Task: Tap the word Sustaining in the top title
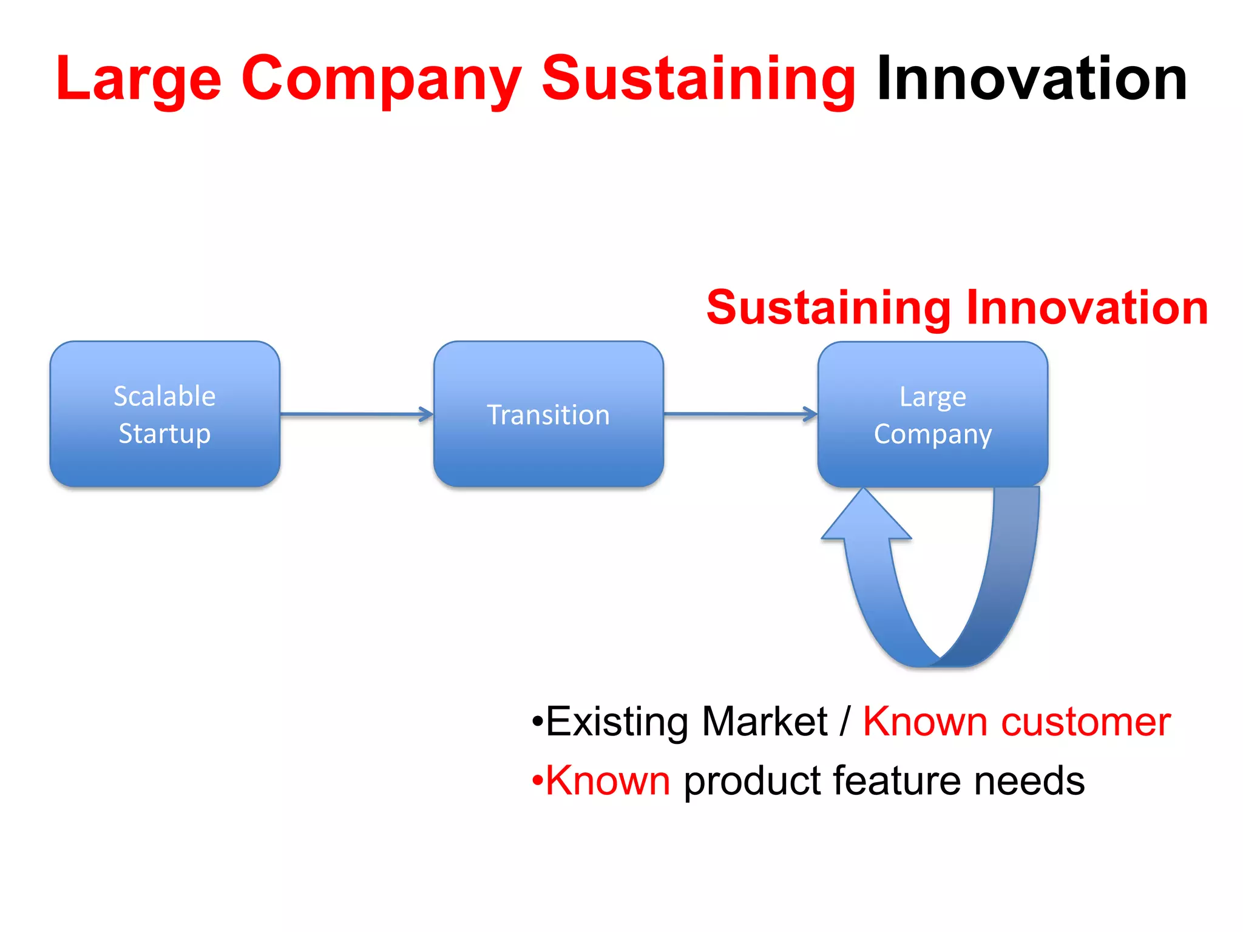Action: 698,79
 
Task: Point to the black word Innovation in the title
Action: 1032,79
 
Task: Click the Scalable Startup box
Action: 164,414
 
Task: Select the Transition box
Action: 548,414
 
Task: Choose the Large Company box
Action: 932,414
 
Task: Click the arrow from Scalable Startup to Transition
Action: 357,414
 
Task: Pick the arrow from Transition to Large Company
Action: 740,414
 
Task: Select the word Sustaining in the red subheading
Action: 829,308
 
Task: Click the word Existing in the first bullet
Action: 617,722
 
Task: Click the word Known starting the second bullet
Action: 608,780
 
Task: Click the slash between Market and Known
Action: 845,722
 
